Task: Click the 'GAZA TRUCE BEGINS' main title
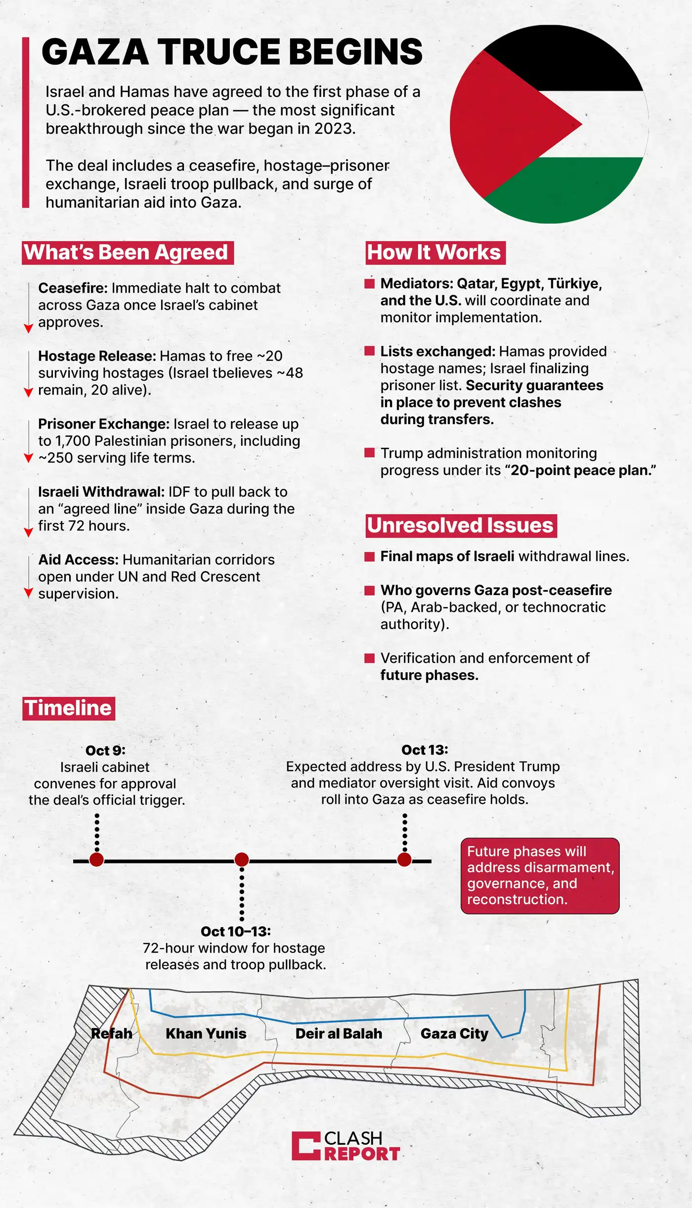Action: point(232,52)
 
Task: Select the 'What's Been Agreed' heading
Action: point(127,253)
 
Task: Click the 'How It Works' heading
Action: point(434,253)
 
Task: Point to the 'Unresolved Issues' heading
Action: point(461,525)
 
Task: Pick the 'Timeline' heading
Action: point(68,708)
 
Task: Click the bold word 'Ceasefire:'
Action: point(73,288)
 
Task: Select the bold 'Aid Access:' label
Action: point(78,560)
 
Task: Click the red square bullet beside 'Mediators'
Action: point(369,283)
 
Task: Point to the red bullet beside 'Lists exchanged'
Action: point(369,351)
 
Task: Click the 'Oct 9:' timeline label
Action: point(105,750)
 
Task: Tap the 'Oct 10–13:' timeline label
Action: point(236,931)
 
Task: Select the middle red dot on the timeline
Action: point(242,860)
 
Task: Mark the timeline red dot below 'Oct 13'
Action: point(404,860)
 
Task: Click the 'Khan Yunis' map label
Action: point(206,1034)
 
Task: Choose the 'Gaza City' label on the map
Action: point(454,1034)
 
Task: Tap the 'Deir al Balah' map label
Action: point(339,1034)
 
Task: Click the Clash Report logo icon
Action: point(306,1146)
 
